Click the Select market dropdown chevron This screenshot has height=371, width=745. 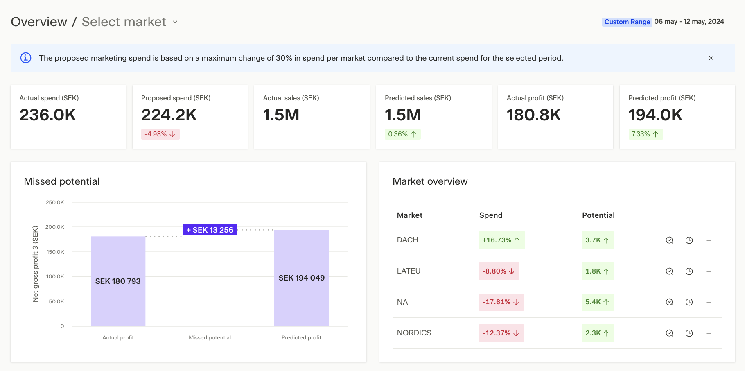(175, 22)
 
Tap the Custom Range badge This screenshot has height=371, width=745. (627, 22)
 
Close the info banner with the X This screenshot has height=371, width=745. (711, 58)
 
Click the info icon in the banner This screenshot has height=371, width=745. (26, 58)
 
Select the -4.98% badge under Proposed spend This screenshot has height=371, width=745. (160, 134)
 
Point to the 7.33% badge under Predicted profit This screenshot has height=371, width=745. (645, 134)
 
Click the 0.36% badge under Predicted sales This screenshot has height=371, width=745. (402, 134)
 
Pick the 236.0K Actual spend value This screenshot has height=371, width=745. (48, 115)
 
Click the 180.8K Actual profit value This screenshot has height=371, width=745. (534, 115)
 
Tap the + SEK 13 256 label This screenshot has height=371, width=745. (210, 230)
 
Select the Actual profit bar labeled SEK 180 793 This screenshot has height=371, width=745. (118, 281)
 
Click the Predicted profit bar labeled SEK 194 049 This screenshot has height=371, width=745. (301, 278)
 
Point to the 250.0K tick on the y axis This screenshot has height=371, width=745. (55, 202)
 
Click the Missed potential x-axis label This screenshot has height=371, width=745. (210, 338)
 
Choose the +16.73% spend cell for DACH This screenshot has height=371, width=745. (501, 240)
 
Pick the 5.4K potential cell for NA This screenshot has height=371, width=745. (597, 302)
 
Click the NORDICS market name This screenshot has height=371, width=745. (414, 333)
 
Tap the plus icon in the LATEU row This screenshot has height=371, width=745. (709, 271)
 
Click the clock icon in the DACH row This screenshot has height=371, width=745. (689, 240)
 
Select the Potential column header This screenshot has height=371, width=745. (598, 215)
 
